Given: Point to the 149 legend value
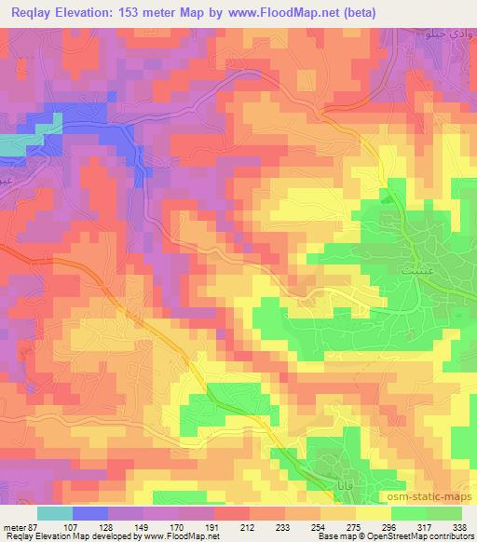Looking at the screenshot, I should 139,528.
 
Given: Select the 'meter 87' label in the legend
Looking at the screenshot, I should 19,528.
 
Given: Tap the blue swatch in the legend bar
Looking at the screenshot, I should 89,513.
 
